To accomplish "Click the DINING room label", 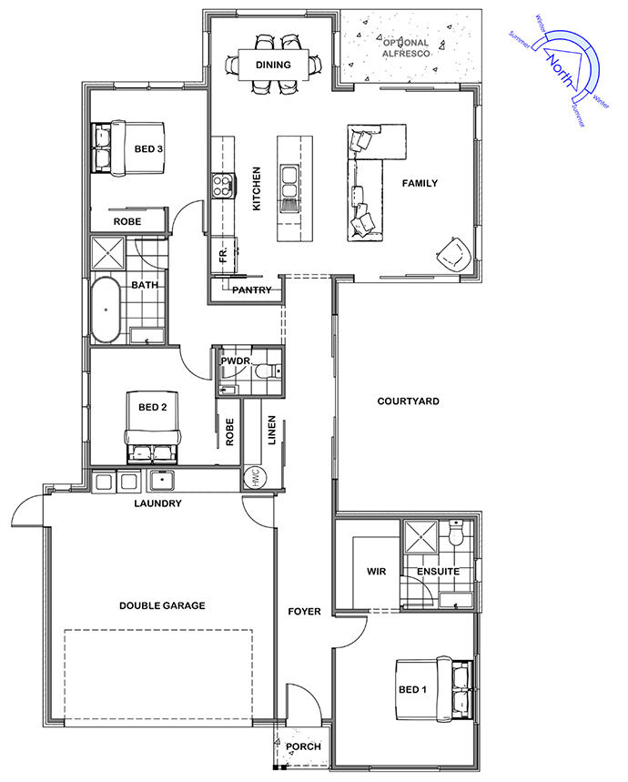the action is pos(273,65).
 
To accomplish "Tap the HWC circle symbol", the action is pos(256,478).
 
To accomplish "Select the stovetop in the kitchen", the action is pos(222,186).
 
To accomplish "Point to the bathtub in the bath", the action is pos(106,310).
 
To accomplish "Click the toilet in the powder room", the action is pos(268,371).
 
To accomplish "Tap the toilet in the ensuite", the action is pos(456,533).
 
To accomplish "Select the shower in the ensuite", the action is pos(421,537).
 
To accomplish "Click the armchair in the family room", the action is pos(453,255).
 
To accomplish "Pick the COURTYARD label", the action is pos(408,401).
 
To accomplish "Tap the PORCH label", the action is pos(304,746).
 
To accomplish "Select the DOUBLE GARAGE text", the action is pos(162,605).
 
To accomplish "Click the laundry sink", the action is pos(162,482).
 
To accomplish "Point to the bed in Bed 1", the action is pos(434,689).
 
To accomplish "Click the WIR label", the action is pos(376,572).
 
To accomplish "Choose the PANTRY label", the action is pos(252,289).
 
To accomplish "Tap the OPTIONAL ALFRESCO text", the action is pos(406,48).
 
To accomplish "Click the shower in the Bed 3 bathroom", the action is pos(108,254).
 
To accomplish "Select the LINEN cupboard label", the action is pos(272,430).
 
